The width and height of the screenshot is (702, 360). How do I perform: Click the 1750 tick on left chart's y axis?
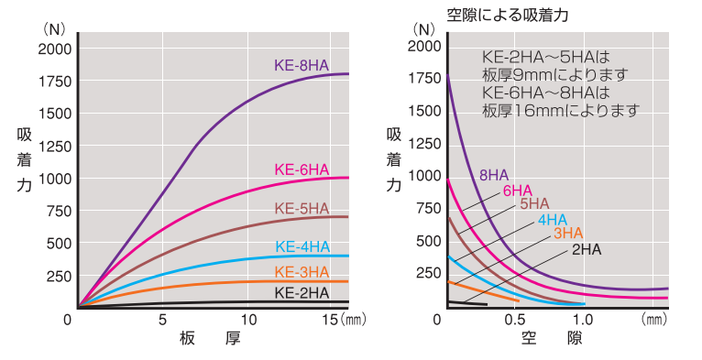(x=53, y=81)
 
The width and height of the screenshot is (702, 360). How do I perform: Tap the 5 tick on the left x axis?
(x=163, y=320)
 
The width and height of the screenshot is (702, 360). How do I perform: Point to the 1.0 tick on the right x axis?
(x=583, y=320)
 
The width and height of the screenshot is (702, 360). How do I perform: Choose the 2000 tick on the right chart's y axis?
(x=423, y=46)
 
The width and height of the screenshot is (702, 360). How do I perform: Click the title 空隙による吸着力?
(x=502, y=14)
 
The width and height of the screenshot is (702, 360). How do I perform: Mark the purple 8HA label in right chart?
(x=494, y=175)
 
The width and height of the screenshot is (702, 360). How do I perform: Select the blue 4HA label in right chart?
(x=553, y=219)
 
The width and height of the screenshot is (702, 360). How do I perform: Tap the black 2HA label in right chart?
(x=587, y=248)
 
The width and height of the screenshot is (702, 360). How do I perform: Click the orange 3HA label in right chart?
(x=567, y=234)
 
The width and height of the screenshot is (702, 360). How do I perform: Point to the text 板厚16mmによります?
(x=560, y=110)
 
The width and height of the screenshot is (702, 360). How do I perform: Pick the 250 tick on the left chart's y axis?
(x=57, y=276)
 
